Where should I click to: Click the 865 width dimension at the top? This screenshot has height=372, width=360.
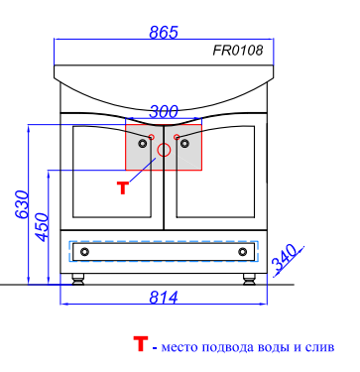tap(164, 32)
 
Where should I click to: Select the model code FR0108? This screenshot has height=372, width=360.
tap(238, 51)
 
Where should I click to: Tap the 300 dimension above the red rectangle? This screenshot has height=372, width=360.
tap(164, 112)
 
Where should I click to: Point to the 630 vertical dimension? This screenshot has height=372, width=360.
tap(23, 204)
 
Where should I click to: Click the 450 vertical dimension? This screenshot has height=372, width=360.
tap(42, 227)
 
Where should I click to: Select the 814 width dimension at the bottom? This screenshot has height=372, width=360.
tap(164, 298)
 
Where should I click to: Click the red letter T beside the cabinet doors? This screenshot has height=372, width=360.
tap(123, 187)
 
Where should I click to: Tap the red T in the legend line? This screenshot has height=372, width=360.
tap(140, 344)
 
